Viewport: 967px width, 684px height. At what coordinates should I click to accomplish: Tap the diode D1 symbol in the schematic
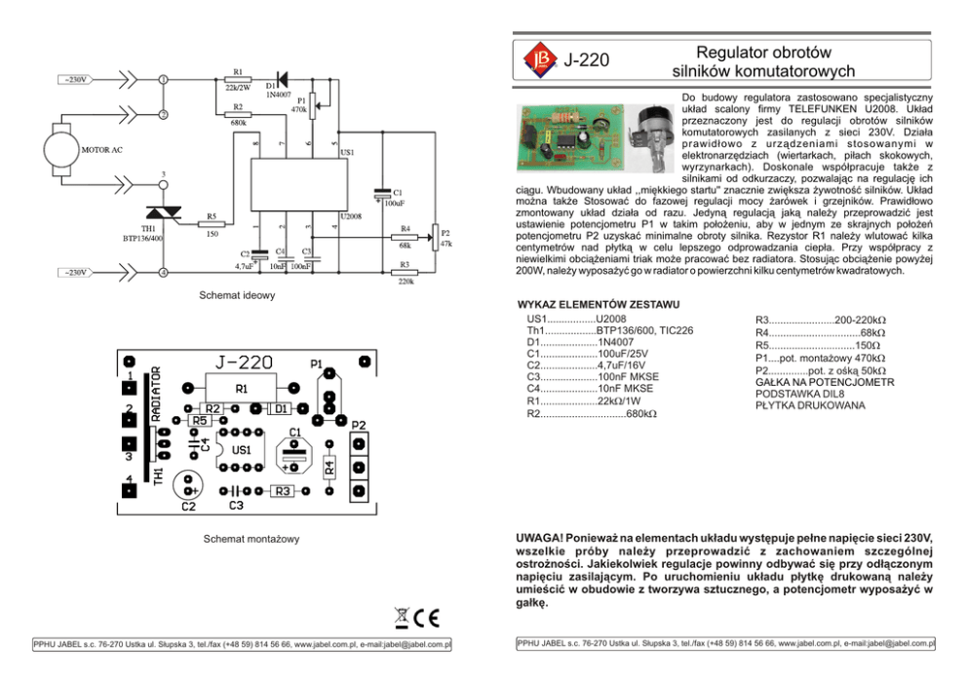[283, 78]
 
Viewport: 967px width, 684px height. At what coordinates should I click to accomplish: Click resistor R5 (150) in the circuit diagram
[213, 225]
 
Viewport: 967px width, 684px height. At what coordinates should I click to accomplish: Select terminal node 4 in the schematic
[164, 273]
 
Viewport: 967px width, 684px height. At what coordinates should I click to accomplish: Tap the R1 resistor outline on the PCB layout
[242, 387]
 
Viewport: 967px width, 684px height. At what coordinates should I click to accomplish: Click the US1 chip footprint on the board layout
[242, 450]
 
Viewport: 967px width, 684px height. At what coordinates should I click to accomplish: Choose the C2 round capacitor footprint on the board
[189, 485]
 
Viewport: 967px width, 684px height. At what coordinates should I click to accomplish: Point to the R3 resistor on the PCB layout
[283, 491]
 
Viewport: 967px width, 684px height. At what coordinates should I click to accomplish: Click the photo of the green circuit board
[568, 132]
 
